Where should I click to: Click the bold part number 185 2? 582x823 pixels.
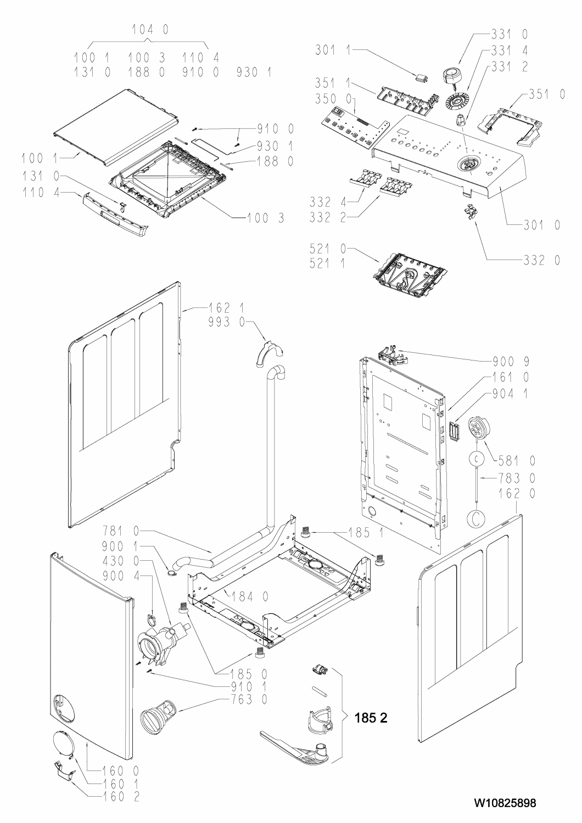[x=372, y=717]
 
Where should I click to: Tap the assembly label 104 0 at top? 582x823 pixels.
[x=149, y=31]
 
